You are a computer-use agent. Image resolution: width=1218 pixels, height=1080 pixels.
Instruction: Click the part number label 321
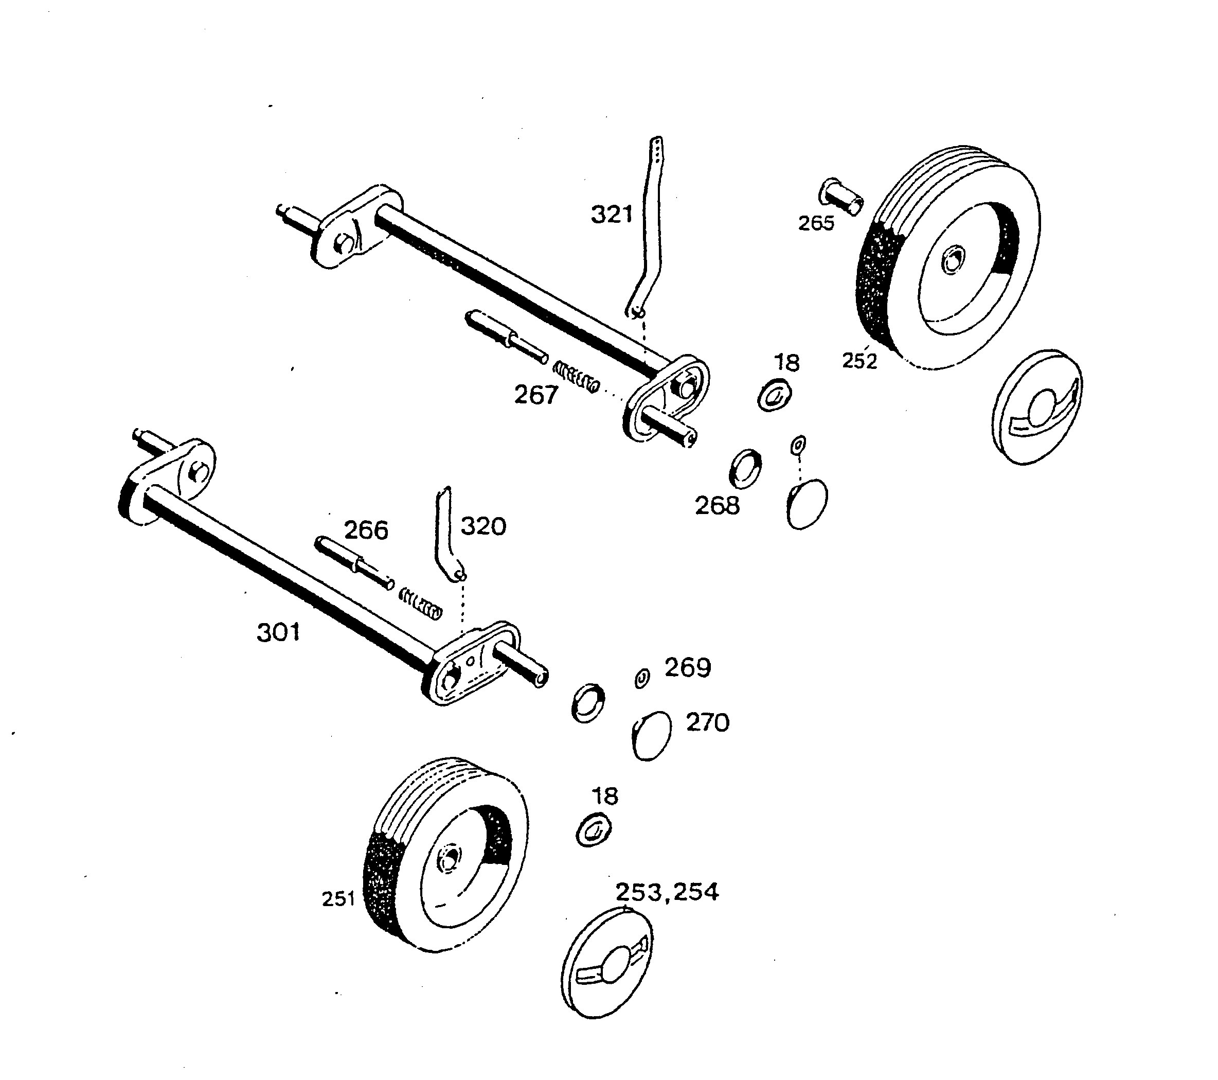point(612,215)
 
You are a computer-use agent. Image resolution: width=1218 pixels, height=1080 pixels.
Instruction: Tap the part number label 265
point(816,223)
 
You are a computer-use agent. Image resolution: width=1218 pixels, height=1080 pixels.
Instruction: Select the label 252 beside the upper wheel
point(859,361)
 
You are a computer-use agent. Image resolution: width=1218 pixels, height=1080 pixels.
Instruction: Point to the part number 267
point(536,395)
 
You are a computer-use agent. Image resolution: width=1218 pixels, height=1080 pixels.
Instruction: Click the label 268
point(717,506)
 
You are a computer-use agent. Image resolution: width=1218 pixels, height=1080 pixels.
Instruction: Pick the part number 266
point(366,530)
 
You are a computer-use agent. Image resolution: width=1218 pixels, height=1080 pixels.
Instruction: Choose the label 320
point(483,526)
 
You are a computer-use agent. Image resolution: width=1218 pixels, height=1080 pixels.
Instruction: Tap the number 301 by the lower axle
point(278,632)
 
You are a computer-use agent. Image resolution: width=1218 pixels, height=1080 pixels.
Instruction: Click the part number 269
point(688,667)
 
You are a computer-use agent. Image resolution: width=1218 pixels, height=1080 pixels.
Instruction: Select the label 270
point(707,722)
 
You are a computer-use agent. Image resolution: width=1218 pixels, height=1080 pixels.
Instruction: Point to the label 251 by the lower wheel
point(338,899)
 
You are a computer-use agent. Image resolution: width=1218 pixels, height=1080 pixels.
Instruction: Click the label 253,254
point(667,892)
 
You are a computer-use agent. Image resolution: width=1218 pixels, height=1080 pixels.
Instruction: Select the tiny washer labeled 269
point(642,678)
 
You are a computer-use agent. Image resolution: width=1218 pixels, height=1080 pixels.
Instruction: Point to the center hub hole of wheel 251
point(450,859)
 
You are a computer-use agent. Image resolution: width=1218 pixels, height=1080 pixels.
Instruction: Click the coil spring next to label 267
point(576,377)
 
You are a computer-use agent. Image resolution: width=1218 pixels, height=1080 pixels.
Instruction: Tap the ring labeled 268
point(745,468)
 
